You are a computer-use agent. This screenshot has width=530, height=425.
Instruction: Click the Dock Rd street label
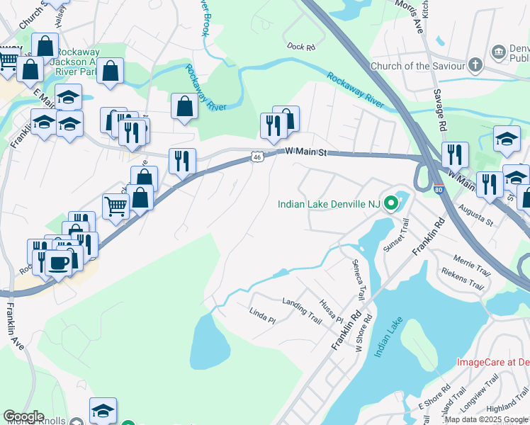pos(300,47)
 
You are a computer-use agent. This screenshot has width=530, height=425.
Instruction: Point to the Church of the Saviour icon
pos(475,67)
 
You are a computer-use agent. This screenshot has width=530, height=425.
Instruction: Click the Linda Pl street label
pos(262,315)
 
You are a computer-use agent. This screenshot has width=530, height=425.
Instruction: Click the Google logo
pos(23,416)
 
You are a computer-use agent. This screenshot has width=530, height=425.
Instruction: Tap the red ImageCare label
pos(492,362)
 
